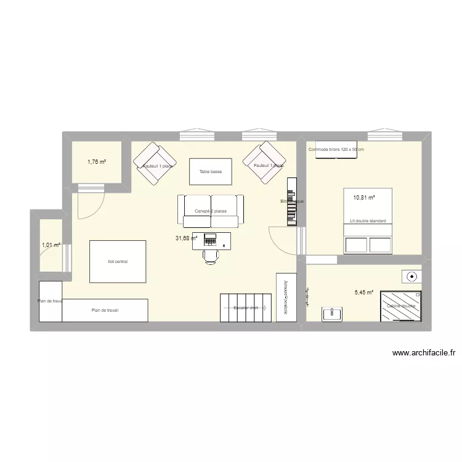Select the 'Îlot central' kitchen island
[118, 262]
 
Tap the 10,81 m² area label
[363, 198]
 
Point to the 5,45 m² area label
[364, 293]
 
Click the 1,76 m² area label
[97, 162]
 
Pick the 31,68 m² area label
[185, 238]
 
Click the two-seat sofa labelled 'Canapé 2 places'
[211, 211]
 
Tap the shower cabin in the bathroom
[401, 306]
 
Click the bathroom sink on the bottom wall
[333, 314]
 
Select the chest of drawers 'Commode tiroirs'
[336, 150]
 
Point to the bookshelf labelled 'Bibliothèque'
[291, 201]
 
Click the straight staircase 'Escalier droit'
[246, 307]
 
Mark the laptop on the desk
[210, 238]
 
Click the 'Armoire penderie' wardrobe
[286, 296]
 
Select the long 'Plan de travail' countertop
[105, 310]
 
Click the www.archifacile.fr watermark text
[423, 354]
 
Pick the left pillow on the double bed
[355, 245]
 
